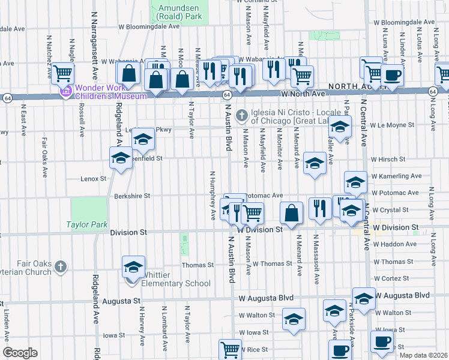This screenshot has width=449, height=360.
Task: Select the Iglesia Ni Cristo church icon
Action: pos(242,114)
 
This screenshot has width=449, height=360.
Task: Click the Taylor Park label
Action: pos(87,224)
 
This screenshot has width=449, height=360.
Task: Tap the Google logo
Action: pos(20,353)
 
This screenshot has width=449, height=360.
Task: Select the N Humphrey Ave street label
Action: pos(212,195)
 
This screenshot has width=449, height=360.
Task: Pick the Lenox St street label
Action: pos(93,179)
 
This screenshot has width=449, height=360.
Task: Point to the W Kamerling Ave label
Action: pos(396,176)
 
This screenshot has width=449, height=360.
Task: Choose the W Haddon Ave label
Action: pos(394,244)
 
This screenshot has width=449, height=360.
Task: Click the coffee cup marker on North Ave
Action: pos(393,75)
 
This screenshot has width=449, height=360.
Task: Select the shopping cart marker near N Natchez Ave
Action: pos(62,73)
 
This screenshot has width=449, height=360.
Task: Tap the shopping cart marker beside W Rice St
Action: pos(230,349)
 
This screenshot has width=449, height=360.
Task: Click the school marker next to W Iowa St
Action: pos(294,319)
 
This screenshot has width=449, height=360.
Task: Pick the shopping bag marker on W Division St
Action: pos(291,212)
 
